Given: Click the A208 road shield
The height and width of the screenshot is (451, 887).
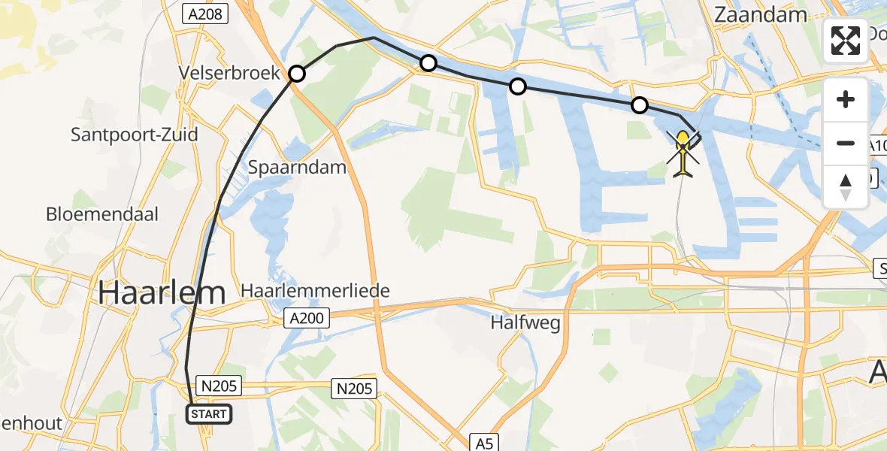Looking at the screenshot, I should tap(204, 13).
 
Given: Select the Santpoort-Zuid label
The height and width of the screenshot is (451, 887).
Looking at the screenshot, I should tap(135, 135).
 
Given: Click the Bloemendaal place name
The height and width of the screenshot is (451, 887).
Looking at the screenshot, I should tap(102, 214).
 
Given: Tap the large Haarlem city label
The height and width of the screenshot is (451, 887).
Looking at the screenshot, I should tap(162, 292).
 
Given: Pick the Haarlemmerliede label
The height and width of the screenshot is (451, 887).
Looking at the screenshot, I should tap(315, 291).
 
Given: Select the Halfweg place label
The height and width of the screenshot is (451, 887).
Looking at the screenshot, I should tap(525, 323).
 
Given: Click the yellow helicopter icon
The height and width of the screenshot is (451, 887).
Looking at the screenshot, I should tap(683, 153).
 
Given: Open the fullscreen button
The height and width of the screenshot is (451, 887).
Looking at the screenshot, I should tap(846, 41).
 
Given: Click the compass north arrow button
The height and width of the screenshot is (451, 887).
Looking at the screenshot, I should tap(846, 186).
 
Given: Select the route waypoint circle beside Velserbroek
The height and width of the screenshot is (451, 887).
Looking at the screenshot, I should tap(297, 74).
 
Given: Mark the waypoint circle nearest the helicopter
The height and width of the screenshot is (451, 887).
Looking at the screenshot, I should tap(639, 105).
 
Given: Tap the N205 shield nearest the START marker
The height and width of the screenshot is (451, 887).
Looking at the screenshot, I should tap(219, 386).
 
